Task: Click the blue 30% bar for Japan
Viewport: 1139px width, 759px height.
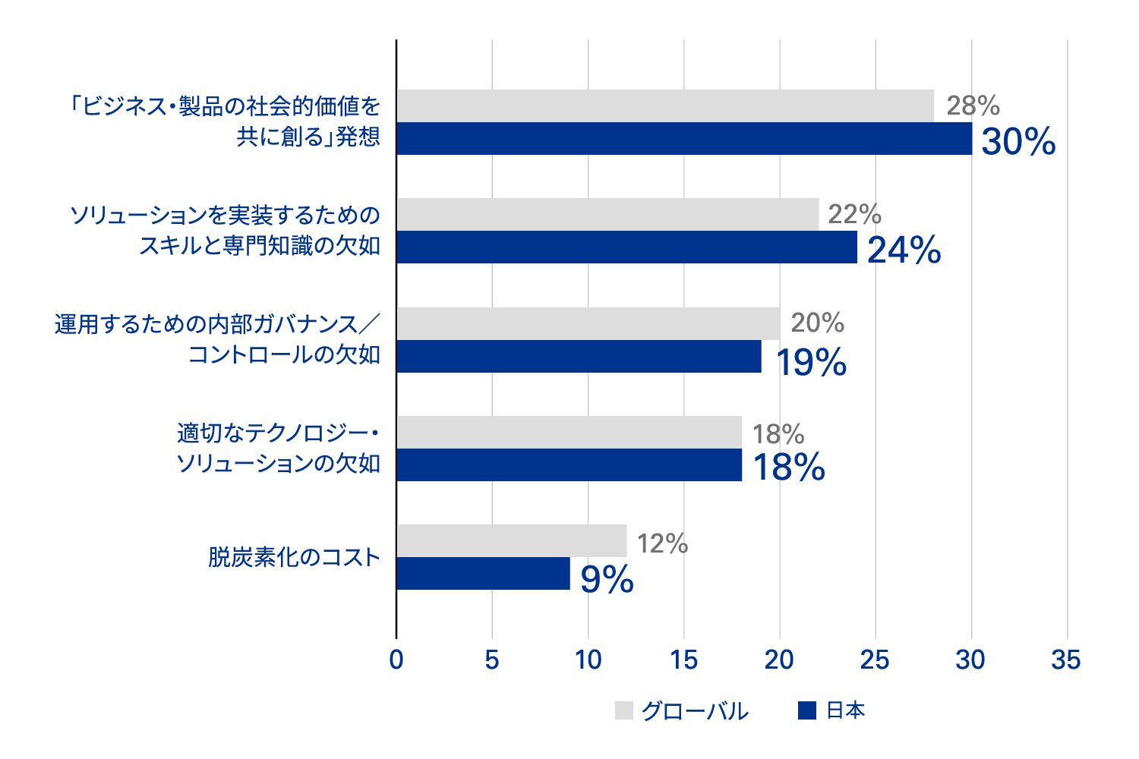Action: coord(683,139)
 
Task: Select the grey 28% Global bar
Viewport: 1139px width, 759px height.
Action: coord(664,106)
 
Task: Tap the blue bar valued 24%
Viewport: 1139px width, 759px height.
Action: coord(626,247)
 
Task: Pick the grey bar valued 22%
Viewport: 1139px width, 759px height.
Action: coord(607,215)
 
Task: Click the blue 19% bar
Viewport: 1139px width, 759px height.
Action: coord(579,357)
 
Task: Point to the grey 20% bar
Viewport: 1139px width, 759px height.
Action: coord(588,324)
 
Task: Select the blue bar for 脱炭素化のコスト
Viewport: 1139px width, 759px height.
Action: coord(483,574)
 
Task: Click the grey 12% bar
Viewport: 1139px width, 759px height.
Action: coord(511,541)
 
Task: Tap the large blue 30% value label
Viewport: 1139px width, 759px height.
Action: coord(1018,142)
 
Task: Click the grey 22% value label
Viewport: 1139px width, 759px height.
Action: coord(854,215)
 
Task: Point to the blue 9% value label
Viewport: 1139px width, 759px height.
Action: coord(607,580)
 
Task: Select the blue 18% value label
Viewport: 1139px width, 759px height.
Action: coord(788,468)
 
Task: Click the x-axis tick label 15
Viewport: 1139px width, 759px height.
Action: coord(683,660)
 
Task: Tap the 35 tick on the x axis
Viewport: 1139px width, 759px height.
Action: coord(1065,660)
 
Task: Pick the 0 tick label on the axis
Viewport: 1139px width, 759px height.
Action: coord(396,660)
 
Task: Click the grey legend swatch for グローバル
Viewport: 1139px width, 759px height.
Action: coord(623,710)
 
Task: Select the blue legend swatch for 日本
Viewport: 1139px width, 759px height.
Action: coord(807,710)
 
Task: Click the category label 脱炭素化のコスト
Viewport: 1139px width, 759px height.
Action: coord(294,558)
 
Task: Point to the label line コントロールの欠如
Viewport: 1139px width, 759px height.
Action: coord(284,355)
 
